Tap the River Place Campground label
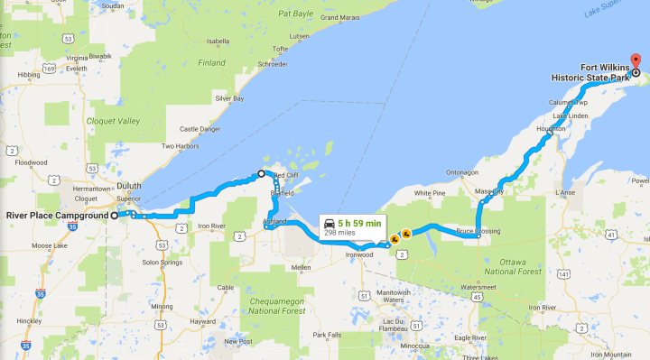57,216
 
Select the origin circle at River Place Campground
115,216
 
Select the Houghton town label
551,128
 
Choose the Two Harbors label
179,146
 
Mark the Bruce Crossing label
478,231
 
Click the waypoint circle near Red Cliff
261,173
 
